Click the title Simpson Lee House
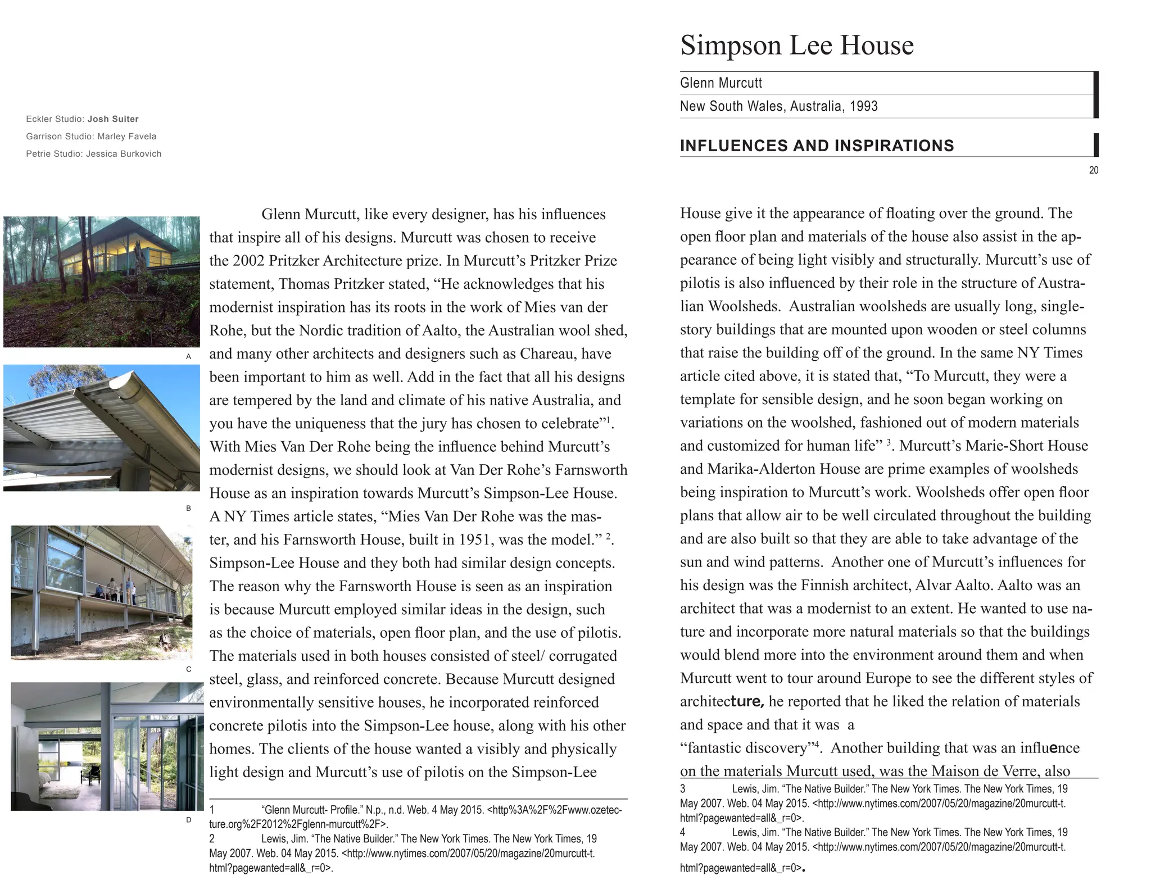pyautogui.click(x=796, y=45)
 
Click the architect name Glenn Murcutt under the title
pyautogui.click(x=720, y=83)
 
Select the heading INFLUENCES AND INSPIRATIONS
pyautogui.click(x=816, y=146)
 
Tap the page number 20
pyautogui.click(x=1093, y=170)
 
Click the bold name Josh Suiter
pyautogui.click(x=113, y=119)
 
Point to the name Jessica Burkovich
pyautogui.click(x=124, y=154)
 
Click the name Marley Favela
pyautogui.click(x=126, y=137)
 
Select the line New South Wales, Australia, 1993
pyautogui.click(x=778, y=106)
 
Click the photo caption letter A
pyautogui.click(x=188, y=356)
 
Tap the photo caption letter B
pyautogui.click(x=188, y=508)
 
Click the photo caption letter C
pyautogui.click(x=188, y=669)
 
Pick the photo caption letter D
pyautogui.click(x=188, y=820)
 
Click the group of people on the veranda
pyautogui.click(x=117, y=591)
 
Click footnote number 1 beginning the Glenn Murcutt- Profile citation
pyautogui.click(x=212, y=810)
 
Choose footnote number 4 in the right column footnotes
pyautogui.click(x=683, y=832)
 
